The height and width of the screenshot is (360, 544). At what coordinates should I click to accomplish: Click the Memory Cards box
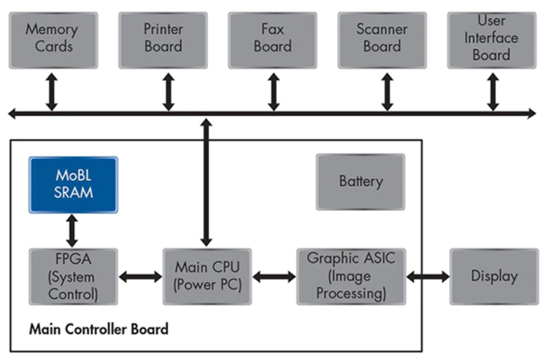click(x=53, y=38)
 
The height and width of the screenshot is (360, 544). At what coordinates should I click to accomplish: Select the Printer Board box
click(x=163, y=38)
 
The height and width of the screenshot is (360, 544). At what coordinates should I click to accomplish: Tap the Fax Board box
click(x=272, y=38)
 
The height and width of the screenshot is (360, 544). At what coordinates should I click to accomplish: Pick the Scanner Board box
click(x=382, y=38)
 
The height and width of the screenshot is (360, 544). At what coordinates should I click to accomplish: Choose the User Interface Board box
click(x=491, y=38)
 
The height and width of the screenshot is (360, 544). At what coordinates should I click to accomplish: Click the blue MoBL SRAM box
click(x=72, y=184)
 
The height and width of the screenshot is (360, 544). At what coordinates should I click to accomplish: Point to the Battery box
click(x=360, y=182)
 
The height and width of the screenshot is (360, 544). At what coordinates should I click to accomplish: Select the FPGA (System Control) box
click(x=72, y=276)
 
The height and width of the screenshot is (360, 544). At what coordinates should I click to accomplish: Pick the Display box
click(x=494, y=276)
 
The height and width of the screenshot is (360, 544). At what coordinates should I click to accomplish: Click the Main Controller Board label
click(x=98, y=328)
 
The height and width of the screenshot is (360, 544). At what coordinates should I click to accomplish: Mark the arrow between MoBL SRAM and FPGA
click(x=72, y=231)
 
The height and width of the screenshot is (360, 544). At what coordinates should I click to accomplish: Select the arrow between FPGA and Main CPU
click(x=140, y=277)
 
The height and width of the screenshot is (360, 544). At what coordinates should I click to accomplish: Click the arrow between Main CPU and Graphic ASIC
click(x=274, y=277)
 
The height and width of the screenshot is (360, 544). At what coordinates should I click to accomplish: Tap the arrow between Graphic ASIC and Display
click(x=428, y=277)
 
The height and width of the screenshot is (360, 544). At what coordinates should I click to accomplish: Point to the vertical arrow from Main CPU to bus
click(x=207, y=182)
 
